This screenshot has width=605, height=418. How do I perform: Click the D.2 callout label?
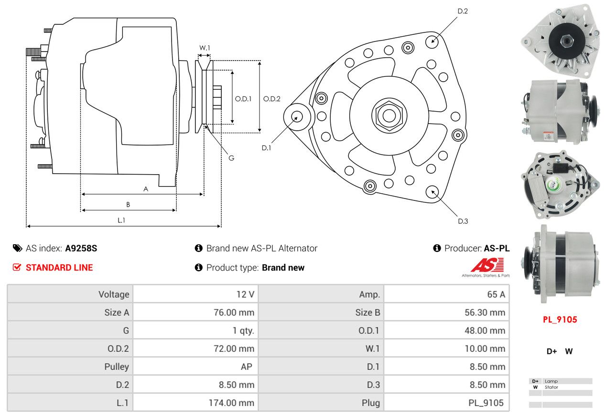coord(462,11)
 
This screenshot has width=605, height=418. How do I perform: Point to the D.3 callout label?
coord(463,221)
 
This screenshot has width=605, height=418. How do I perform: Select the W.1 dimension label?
coord(205,48)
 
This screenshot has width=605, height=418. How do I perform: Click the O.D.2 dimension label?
coord(272,99)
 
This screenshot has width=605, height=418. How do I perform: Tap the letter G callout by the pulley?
coord(231,158)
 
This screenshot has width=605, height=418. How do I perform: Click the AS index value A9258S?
coord(81,248)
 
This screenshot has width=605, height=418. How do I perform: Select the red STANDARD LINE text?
coord(59,268)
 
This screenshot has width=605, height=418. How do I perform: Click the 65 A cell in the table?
coord(496,294)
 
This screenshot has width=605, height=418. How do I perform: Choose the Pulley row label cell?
coord(117,366)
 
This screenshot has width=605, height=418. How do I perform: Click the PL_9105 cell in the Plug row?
coord(486,403)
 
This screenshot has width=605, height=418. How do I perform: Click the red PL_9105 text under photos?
coord(560,320)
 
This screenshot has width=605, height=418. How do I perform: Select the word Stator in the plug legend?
coord(551,387)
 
